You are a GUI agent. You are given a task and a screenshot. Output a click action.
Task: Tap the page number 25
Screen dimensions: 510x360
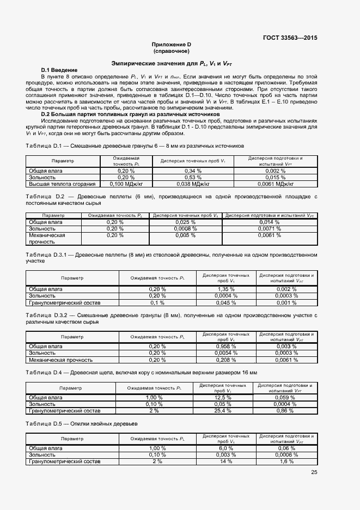314,472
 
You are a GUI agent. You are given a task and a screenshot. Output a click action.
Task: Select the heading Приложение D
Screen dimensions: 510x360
172,44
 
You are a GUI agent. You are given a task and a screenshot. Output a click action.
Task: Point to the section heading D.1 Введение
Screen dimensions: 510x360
59,70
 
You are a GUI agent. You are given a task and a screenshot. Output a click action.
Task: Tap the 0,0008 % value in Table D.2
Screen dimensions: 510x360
186,229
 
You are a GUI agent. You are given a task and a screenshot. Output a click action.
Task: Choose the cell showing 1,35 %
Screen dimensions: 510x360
225,289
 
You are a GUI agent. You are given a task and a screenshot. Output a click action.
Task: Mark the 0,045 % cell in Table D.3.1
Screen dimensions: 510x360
225,302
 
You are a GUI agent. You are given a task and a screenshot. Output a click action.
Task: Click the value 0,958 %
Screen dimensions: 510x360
225,347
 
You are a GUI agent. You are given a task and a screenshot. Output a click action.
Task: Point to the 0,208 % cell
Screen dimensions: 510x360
225,360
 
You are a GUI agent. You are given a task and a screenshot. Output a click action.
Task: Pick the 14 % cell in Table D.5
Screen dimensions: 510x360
225,462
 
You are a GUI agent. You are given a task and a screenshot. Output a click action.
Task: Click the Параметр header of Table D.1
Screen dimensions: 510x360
63,161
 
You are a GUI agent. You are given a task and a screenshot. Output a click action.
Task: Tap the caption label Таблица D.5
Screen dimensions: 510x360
45,423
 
